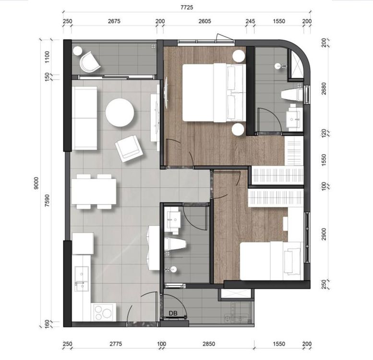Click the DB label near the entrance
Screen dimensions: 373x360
click(173, 313)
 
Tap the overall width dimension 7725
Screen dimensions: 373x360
click(187, 7)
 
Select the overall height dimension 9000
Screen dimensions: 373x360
click(36, 183)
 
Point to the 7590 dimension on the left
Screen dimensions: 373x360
click(48, 201)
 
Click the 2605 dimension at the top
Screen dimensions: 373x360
click(205, 21)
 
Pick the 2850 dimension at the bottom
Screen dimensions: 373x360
click(209, 344)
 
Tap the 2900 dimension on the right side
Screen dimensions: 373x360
click(324, 234)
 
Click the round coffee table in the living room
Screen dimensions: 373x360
click(120, 112)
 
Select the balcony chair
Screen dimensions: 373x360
click(89, 62)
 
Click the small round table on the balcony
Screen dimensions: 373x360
click(78, 51)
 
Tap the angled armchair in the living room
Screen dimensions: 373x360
click(129, 148)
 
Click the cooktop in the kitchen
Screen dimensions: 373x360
click(104, 312)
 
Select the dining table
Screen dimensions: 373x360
click(94, 192)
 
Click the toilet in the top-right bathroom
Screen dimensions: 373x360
click(292, 95)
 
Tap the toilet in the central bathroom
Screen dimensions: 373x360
click(175, 244)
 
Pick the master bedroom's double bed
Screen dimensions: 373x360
click(214, 93)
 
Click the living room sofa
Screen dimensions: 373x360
click(84, 118)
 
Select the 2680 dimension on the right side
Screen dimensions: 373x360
click(324, 88)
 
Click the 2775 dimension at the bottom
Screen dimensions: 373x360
click(116, 344)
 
